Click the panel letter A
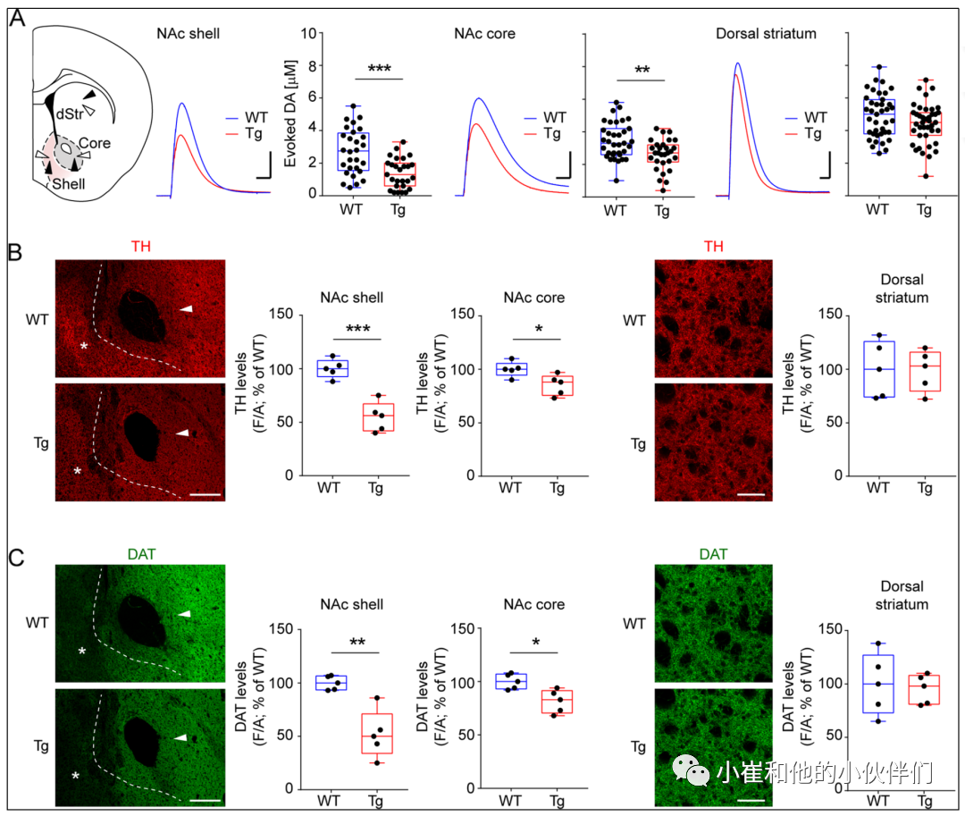pos(17,17)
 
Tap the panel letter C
pos(16,558)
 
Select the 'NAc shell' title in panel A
pos(188,34)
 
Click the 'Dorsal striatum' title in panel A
pos(766,34)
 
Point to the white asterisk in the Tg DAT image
pos(76,777)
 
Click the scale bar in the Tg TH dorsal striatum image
pos(751,492)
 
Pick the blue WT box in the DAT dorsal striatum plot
pos(878,683)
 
